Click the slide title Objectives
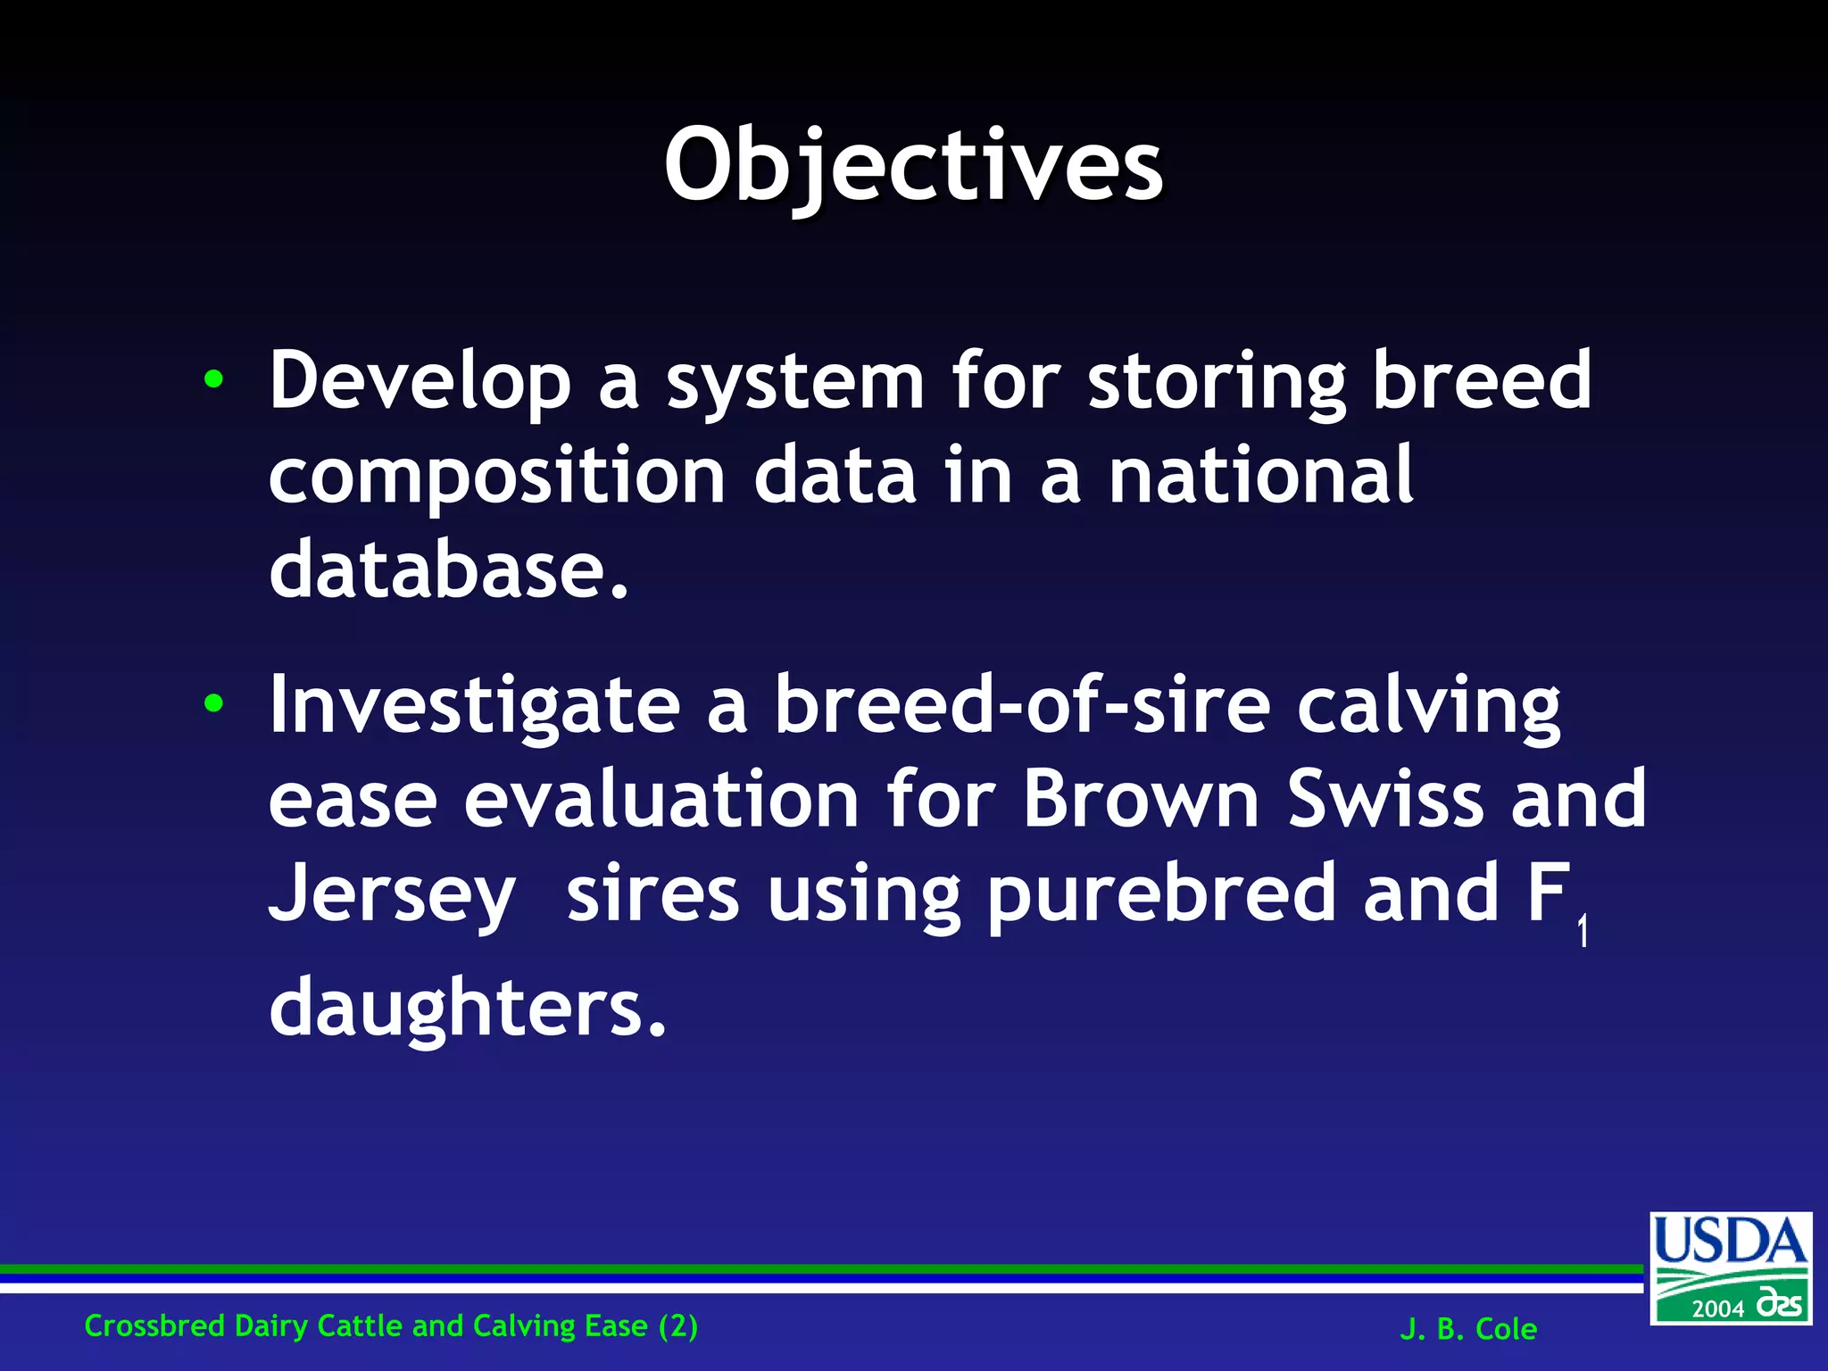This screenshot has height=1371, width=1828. [913, 166]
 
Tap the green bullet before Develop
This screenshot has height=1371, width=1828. [213, 379]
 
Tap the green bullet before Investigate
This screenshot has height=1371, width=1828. [213, 704]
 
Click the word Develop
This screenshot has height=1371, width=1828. [420, 382]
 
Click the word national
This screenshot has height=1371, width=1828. [1260, 475]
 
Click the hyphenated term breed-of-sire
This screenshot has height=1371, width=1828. [1022, 705]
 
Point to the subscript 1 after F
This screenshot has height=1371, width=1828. [1582, 932]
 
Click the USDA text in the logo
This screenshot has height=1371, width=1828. [1730, 1242]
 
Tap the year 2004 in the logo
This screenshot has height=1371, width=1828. [1718, 1309]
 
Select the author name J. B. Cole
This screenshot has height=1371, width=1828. [1468, 1329]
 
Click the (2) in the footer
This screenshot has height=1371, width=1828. [678, 1325]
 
